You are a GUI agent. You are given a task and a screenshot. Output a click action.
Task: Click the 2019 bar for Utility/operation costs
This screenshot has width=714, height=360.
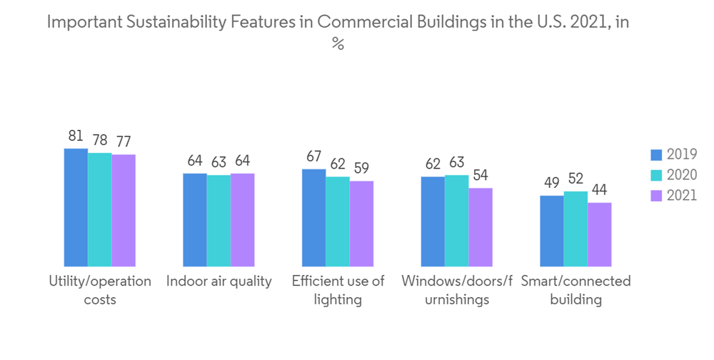[x=76, y=207]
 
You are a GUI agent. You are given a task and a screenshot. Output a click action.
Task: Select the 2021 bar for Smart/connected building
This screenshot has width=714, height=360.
[x=600, y=234]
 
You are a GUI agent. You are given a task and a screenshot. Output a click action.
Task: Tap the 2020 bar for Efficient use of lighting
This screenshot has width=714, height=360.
[x=338, y=221]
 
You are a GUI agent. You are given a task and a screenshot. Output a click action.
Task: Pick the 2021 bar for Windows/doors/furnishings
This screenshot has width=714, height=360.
[x=481, y=227]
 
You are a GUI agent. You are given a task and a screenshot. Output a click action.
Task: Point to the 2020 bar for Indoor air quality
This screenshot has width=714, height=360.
[x=218, y=220]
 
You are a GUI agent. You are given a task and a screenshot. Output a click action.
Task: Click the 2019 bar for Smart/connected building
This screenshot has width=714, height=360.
[x=552, y=231]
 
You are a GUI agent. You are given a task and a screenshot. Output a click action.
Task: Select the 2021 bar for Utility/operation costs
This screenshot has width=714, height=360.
[x=124, y=210]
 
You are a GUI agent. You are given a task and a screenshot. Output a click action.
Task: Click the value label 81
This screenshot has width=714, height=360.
[x=76, y=136]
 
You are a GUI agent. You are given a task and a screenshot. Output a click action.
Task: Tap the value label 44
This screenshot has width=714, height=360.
[x=600, y=190]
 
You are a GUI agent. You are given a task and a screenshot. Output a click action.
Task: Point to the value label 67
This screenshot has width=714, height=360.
[x=314, y=156]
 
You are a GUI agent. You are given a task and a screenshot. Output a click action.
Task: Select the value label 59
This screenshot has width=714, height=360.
[x=362, y=169]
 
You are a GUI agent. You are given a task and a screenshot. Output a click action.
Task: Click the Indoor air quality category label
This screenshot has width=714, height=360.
[x=219, y=281]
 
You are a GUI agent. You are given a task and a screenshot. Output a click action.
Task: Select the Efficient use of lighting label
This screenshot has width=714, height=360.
[x=338, y=290]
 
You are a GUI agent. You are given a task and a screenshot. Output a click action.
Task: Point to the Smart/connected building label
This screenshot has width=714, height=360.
[x=575, y=290]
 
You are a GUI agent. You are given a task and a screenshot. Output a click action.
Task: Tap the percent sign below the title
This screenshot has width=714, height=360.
[x=338, y=44]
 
